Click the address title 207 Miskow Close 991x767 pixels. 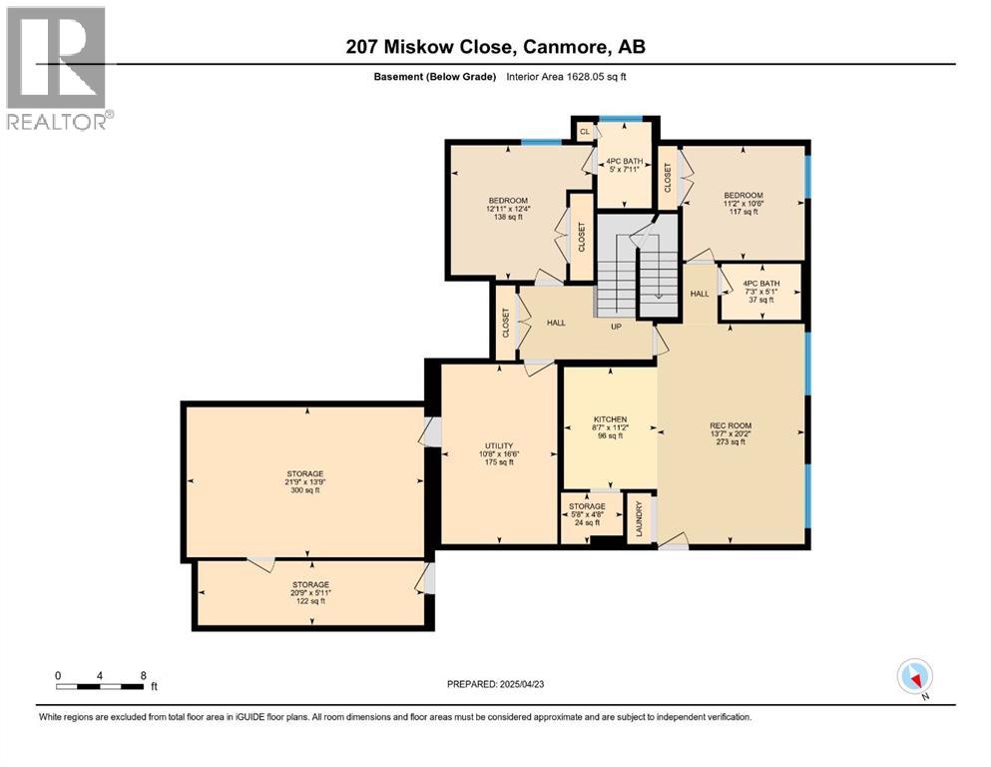point(495,47)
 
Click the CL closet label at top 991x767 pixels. point(584,131)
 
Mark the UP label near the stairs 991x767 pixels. point(617,325)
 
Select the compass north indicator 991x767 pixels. point(915,677)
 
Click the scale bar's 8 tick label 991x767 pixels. point(144,675)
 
